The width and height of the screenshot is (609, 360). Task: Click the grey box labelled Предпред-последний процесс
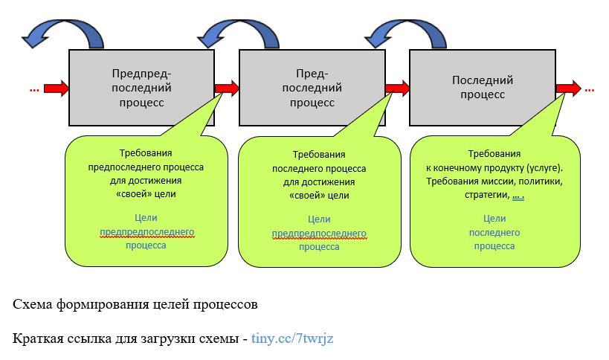(x=141, y=87)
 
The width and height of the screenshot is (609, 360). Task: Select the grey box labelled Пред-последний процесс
(x=312, y=87)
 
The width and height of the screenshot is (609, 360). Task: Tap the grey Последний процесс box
(x=482, y=87)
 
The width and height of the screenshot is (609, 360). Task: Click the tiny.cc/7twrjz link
(x=292, y=338)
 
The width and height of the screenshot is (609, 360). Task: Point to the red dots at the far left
(x=34, y=89)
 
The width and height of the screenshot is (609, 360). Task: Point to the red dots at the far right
(x=589, y=89)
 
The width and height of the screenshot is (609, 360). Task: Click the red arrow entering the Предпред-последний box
(x=56, y=89)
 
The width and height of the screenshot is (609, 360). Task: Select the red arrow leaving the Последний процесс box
(x=569, y=89)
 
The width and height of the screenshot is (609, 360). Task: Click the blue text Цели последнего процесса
(x=494, y=232)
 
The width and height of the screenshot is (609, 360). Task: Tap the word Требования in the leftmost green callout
(x=146, y=154)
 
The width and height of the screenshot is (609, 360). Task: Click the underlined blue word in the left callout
(x=146, y=232)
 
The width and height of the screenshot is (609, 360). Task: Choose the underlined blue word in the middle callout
(x=319, y=234)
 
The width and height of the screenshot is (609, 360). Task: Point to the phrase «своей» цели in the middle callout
(x=319, y=196)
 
